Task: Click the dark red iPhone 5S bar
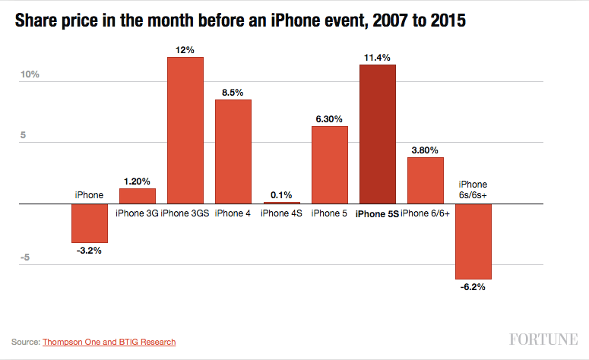(378, 134)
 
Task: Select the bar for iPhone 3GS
(185, 130)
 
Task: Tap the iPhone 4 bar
(233, 151)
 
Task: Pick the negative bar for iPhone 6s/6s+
(473, 242)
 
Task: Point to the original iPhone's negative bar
(90, 223)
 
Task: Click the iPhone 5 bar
(330, 165)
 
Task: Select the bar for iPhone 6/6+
(426, 180)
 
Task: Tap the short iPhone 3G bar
(138, 196)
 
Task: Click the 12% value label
(185, 50)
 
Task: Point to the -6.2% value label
(473, 287)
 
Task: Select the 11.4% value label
(378, 58)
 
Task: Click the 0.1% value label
(282, 194)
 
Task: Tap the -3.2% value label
(90, 250)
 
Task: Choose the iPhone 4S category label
(282, 213)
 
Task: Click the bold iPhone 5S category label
(378, 214)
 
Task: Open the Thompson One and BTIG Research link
(109, 343)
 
